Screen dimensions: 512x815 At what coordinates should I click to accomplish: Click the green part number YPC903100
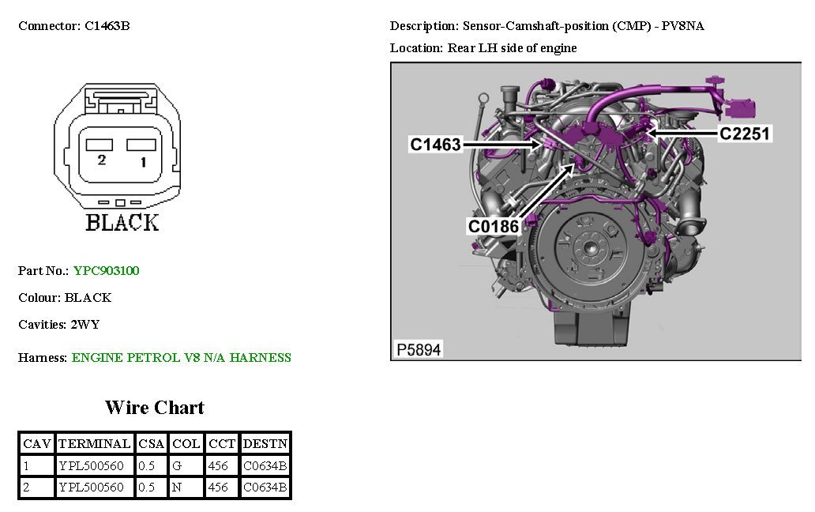106,271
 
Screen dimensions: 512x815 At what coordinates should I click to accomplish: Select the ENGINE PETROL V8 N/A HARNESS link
181,358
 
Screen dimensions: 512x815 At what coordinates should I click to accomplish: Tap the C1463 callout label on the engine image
435,145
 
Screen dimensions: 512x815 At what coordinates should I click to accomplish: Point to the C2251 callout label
744,134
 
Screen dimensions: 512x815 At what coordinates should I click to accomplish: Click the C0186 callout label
494,227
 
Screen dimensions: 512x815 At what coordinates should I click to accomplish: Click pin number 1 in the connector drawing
142,162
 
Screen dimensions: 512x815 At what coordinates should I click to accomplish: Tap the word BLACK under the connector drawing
122,223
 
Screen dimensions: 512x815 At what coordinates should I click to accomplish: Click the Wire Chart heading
154,408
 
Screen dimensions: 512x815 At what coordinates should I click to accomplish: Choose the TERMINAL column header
94,444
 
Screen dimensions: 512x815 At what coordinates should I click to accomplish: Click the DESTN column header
265,444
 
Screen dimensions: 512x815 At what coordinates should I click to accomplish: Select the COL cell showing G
177,466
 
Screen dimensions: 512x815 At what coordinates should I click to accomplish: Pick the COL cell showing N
177,488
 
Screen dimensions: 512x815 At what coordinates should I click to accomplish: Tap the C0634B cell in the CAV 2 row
265,488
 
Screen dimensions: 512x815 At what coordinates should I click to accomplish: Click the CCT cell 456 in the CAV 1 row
218,466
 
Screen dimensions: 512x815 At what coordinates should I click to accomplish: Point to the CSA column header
151,444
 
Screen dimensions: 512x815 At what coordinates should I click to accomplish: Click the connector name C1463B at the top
107,26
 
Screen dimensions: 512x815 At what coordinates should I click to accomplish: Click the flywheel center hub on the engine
588,247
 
